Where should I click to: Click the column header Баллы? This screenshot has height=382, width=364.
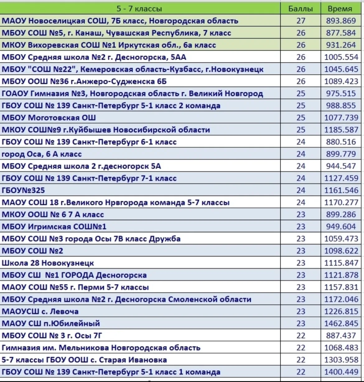click(301, 9)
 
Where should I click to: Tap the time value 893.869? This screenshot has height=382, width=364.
click(341, 21)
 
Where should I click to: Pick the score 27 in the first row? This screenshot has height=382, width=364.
click(301, 21)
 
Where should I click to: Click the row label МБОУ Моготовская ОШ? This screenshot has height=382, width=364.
click(49, 118)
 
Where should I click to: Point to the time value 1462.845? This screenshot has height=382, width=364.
click(341, 324)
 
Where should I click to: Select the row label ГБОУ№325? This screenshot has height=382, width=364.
click(23, 190)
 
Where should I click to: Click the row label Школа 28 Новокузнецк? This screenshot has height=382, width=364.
click(48, 263)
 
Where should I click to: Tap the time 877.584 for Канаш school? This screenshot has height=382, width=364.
click(341, 33)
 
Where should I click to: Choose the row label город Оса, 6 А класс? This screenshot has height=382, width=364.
click(42, 154)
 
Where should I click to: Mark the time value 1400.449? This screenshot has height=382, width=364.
click(341, 372)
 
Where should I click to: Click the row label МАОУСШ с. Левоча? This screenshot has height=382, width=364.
click(40, 311)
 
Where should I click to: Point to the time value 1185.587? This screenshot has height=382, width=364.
click(341, 130)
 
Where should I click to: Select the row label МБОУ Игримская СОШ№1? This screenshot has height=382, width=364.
click(54, 227)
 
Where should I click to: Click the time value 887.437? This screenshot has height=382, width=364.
click(341, 336)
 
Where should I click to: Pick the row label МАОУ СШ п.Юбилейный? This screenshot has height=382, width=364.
click(51, 324)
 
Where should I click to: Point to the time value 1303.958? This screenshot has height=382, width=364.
click(341, 360)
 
